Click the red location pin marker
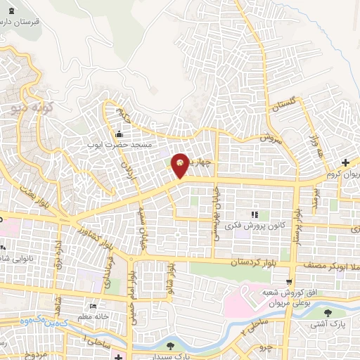(x=180, y=165)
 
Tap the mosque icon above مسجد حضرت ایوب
(x=119, y=134)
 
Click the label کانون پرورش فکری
(x=255, y=226)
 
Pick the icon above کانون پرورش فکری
(x=255, y=214)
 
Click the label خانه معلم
(x=93, y=316)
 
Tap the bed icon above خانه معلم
(x=93, y=306)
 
